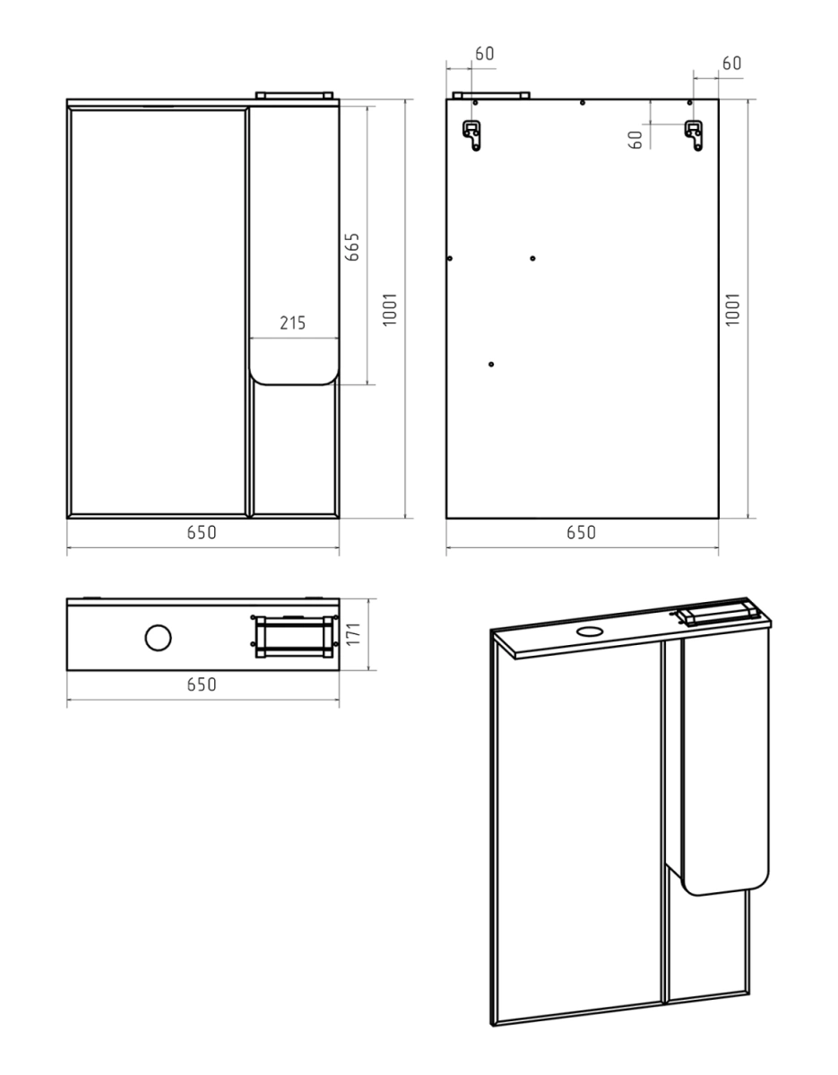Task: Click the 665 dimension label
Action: [x=351, y=246]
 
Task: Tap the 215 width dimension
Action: [x=292, y=323]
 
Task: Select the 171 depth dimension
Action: [x=353, y=633]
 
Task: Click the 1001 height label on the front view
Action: [x=390, y=309]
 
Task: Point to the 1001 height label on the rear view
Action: [x=732, y=309]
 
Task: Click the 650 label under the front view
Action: [x=202, y=532]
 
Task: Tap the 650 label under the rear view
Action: [x=582, y=532]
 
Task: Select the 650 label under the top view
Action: [x=202, y=684]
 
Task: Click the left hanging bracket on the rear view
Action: [x=471, y=135]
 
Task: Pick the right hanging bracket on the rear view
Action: [x=694, y=135]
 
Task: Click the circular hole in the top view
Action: [x=159, y=638]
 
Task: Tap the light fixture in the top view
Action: [x=294, y=636]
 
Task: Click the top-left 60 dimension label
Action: [x=485, y=54]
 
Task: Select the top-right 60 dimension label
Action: [x=732, y=64]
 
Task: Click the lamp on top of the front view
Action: [x=294, y=95]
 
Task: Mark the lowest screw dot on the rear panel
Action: [x=491, y=364]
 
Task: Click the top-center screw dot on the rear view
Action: [x=582, y=103]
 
